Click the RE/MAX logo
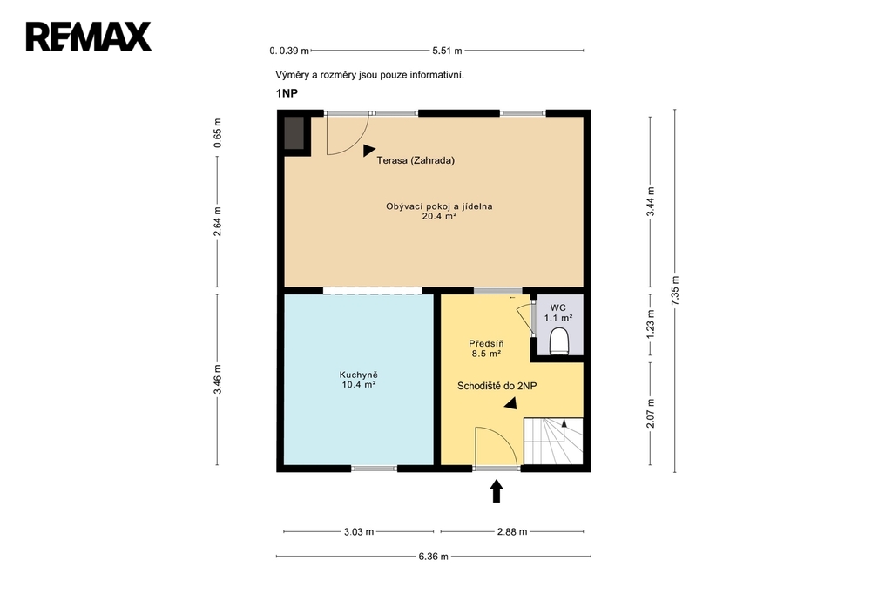[x=89, y=37]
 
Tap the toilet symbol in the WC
[x=559, y=341]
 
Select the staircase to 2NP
[x=553, y=441]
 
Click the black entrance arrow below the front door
[x=497, y=491]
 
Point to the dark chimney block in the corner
[x=294, y=133]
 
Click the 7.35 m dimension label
[x=675, y=291]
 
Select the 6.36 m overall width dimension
[x=434, y=557]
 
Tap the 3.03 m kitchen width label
[x=359, y=532]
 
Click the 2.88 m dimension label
[x=512, y=532]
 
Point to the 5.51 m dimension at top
[x=447, y=51]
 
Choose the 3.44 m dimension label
[x=651, y=201]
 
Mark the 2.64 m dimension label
[x=217, y=221]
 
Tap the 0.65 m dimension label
[x=217, y=133]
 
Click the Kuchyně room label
[x=358, y=375]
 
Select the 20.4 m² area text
[x=439, y=216]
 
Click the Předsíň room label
[x=486, y=344]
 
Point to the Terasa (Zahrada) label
[x=416, y=160]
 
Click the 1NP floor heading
[x=287, y=93]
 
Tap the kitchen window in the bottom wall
[x=375, y=469]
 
